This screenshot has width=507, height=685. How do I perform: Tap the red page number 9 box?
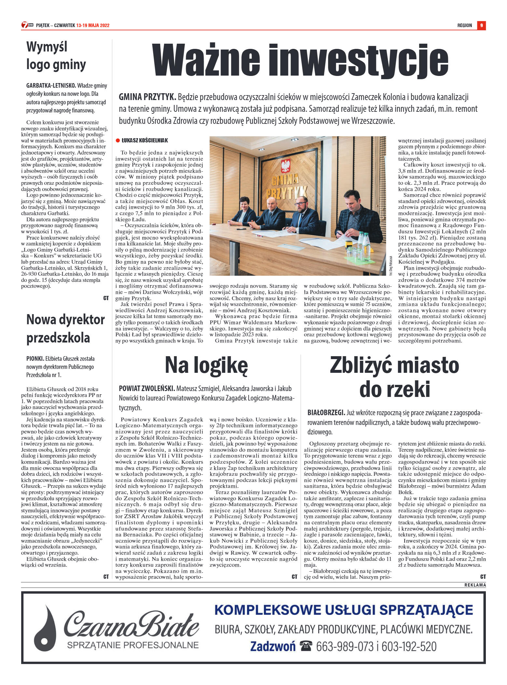[x=481, y=25]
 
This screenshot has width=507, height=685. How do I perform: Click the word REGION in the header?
[x=464, y=25]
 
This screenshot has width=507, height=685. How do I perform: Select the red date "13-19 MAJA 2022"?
[x=93, y=25]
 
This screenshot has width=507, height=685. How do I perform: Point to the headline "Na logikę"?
[x=206, y=365]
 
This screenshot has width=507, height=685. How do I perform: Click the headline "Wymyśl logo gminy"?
[x=56, y=56]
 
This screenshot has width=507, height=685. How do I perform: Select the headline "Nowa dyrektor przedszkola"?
[x=65, y=328]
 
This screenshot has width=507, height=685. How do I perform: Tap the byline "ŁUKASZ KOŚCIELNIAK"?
[x=145, y=140]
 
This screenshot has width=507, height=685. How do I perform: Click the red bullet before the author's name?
[x=118, y=140]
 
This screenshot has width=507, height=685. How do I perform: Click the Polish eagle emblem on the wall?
[x=285, y=166]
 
